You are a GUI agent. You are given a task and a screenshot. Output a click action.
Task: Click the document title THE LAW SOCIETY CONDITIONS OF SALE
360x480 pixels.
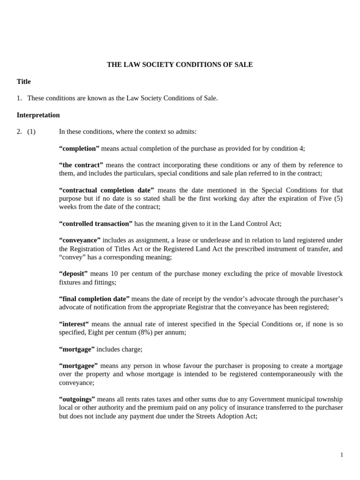click(x=180, y=65)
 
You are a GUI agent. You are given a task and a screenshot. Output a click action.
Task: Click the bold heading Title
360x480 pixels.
click(x=23, y=82)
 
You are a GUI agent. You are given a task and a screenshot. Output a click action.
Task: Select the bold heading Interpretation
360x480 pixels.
click(x=38, y=115)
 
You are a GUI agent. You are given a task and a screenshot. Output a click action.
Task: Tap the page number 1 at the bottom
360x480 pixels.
click(x=342, y=455)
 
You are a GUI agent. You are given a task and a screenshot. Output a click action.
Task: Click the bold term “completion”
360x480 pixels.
click(x=79, y=149)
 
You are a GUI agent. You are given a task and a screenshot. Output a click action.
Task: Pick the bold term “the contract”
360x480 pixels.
click(x=81, y=165)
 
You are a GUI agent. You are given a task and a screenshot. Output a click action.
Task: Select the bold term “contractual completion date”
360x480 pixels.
click(x=106, y=190)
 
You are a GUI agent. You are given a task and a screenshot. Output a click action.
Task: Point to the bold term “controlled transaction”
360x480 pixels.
click(x=96, y=224)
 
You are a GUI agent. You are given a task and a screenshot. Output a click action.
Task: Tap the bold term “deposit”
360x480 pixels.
click(x=73, y=274)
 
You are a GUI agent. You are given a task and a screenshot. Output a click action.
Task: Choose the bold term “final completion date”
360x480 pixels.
click(x=94, y=299)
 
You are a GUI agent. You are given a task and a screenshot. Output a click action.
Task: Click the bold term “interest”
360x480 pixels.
click(x=74, y=324)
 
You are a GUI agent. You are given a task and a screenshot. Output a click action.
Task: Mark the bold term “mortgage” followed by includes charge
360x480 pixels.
click(x=77, y=349)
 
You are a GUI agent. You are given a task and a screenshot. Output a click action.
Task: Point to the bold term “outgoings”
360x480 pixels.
click(x=77, y=399)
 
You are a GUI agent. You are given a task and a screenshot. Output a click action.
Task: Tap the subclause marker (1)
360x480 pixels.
click(x=31, y=132)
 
